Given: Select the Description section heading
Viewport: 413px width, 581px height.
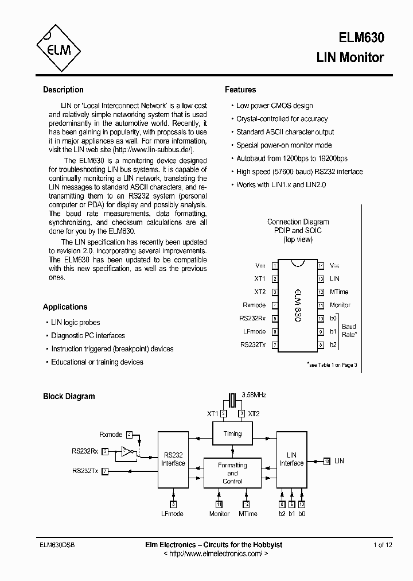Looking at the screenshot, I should click(x=63, y=90).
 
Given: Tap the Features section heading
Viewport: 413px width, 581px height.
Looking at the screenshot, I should click(x=240, y=90).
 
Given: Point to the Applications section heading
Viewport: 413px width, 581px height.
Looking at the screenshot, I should click(x=65, y=307).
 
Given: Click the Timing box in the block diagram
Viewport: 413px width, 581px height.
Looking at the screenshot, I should click(x=232, y=434).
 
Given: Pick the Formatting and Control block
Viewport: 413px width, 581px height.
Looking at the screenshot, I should click(x=232, y=473).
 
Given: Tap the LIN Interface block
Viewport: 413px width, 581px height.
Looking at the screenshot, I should click(x=291, y=459).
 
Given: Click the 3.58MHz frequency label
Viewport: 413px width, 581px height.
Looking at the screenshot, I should click(x=254, y=396).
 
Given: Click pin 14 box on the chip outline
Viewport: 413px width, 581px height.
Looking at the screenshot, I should click(x=321, y=266).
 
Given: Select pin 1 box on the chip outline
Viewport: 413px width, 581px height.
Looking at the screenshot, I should click(x=275, y=266).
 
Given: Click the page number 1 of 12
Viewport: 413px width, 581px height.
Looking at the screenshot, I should click(x=383, y=545).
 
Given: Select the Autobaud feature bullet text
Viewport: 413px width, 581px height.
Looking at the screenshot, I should click(x=292, y=158).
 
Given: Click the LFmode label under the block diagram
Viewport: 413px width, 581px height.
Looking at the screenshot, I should click(x=173, y=514).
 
